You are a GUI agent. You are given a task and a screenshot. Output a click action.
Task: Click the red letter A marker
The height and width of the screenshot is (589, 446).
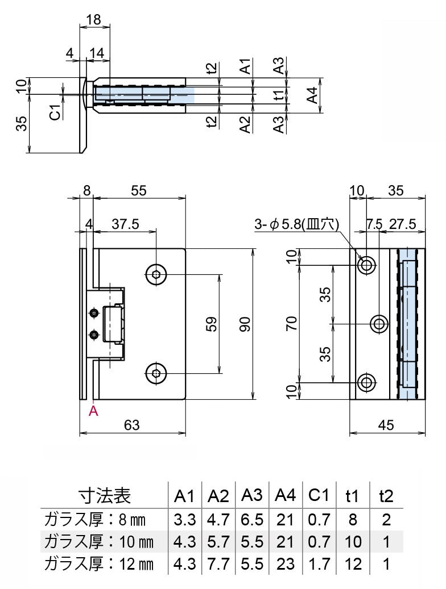point(94,411)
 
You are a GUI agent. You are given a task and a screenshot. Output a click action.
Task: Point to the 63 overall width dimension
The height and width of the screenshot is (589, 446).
point(131,424)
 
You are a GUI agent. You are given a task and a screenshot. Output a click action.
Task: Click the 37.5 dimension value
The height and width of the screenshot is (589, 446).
point(125,224)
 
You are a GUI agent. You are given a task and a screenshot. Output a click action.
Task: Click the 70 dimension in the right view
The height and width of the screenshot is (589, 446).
point(292,324)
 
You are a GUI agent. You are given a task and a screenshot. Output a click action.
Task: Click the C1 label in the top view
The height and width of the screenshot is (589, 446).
point(55,112)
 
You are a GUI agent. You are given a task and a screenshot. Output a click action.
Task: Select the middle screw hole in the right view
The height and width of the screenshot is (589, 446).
point(379,324)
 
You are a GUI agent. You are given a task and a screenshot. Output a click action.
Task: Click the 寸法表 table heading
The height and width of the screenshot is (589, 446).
point(105,496)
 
